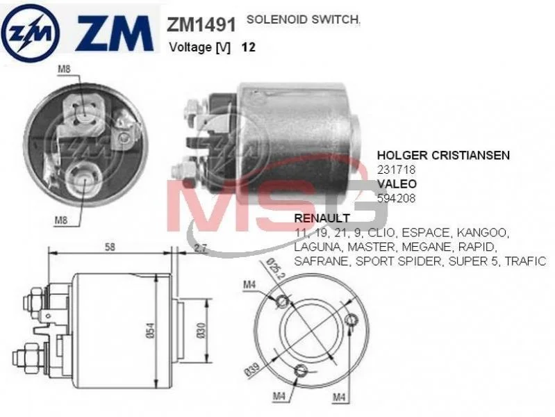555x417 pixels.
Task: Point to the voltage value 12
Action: click(x=248, y=48)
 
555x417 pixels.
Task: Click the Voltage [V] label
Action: click(x=200, y=48)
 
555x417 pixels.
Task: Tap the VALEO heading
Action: click(x=397, y=184)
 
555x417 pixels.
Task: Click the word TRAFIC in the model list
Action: click(x=525, y=261)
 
